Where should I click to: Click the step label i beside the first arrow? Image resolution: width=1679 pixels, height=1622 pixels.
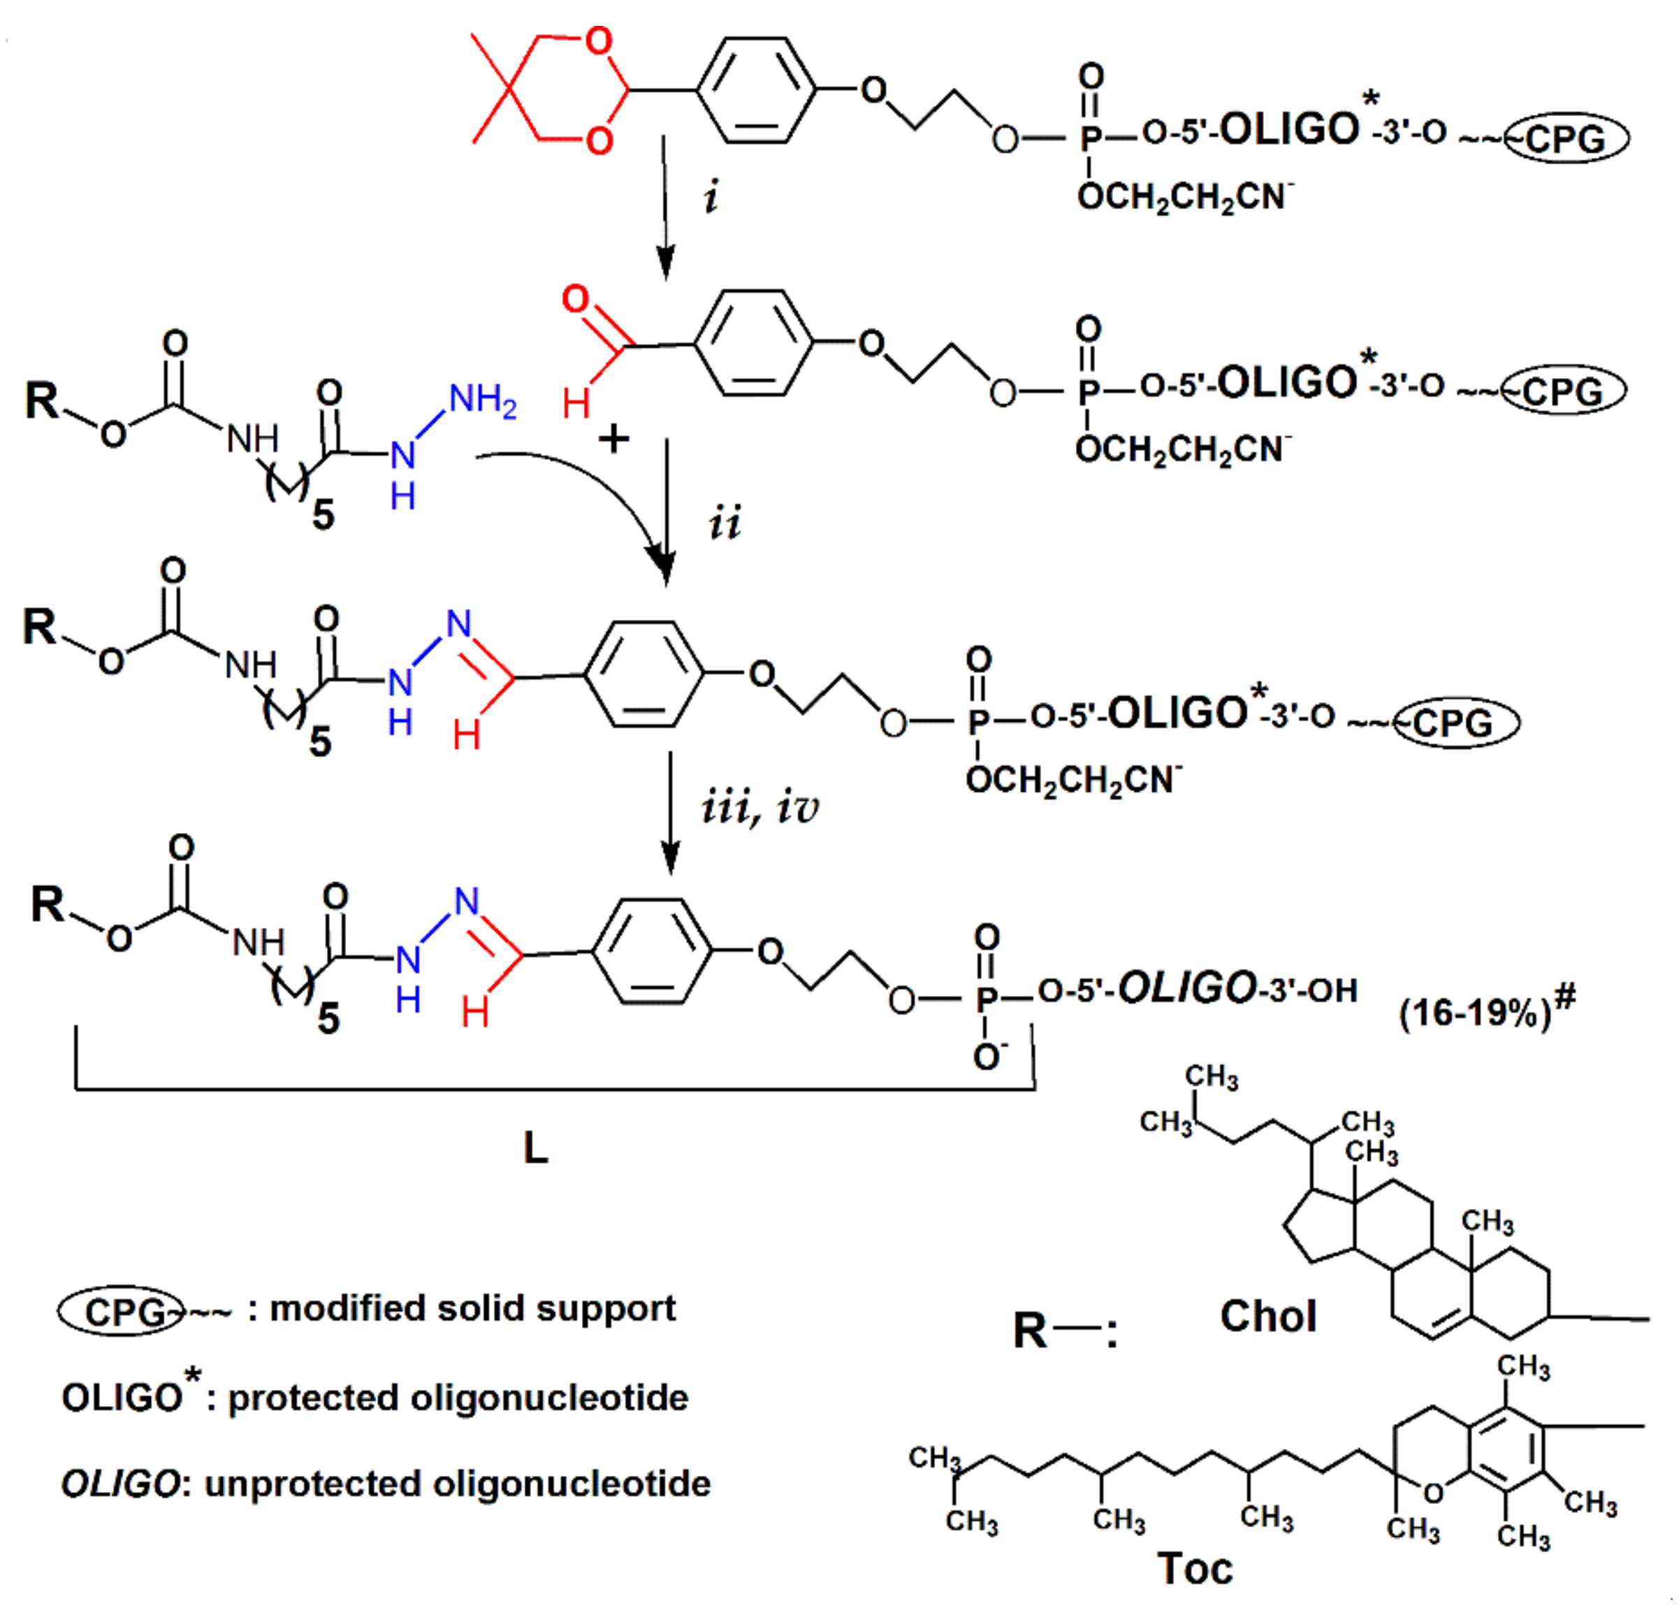[710, 196]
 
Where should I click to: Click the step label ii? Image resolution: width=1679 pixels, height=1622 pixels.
[725, 522]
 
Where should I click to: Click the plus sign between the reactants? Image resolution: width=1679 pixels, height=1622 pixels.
[613, 440]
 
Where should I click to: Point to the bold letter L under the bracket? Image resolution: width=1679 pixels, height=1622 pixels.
[535, 1148]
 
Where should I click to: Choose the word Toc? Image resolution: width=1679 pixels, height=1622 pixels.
[1195, 1568]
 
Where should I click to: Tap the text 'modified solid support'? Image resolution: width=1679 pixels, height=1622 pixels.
[473, 1308]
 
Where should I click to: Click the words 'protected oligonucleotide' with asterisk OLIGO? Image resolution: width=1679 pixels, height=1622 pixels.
[458, 1398]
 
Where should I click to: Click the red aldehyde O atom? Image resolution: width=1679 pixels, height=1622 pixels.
[576, 300]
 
